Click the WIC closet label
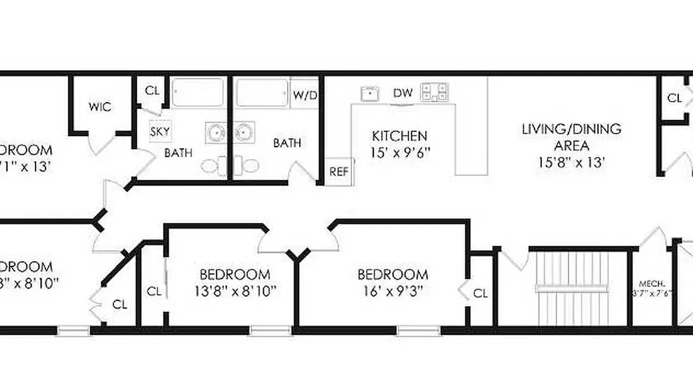pyautogui.click(x=100, y=107)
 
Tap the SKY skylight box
pyautogui.click(x=160, y=131)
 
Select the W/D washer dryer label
pyautogui.click(x=305, y=95)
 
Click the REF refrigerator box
pyautogui.click(x=339, y=172)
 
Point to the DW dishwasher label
pyautogui.click(x=402, y=93)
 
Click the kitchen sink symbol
pyautogui.click(x=370, y=93)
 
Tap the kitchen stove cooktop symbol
pyautogui.click(x=434, y=92)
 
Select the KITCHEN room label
pyautogui.click(x=400, y=136)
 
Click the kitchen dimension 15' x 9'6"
pyautogui.click(x=400, y=152)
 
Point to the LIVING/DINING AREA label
pyautogui.click(x=571, y=137)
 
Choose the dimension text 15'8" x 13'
pyautogui.click(x=571, y=162)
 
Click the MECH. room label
pyautogui.click(x=651, y=284)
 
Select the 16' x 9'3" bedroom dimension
pyautogui.click(x=393, y=291)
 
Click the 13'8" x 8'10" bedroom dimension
pyautogui.click(x=235, y=291)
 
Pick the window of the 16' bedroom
pyautogui.click(x=418, y=330)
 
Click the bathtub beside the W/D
pyautogui.click(x=262, y=93)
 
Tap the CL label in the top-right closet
pyautogui.click(x=674, y=98)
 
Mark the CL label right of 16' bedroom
pyautogui.click(x=480, y=293)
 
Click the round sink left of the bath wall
pyautogui.click(x=216, y=132)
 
